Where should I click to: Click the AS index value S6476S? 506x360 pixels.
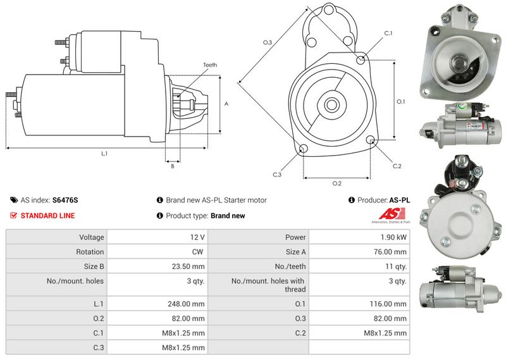[65, 200]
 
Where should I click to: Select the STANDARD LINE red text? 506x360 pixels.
[48, 216]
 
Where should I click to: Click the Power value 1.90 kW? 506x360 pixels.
[393, 237]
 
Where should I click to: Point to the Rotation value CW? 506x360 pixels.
[197, 252]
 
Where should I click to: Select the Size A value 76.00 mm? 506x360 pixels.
[390, 252]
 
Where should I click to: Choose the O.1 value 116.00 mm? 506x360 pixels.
[388, 304]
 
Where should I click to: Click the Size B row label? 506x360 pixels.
[94, 267]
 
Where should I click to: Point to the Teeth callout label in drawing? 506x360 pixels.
[210, 65]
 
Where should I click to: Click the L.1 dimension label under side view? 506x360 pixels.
[104, 154]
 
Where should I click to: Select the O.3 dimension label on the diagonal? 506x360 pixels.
[268, 42]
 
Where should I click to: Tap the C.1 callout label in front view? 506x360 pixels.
[388, 33]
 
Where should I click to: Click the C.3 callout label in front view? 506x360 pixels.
[277, 175]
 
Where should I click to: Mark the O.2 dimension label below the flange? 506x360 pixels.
[337, 183]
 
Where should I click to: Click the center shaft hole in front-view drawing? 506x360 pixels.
[331, 104]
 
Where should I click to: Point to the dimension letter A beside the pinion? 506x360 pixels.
[226, 104]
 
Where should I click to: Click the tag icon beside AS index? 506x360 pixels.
[14, 200]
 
